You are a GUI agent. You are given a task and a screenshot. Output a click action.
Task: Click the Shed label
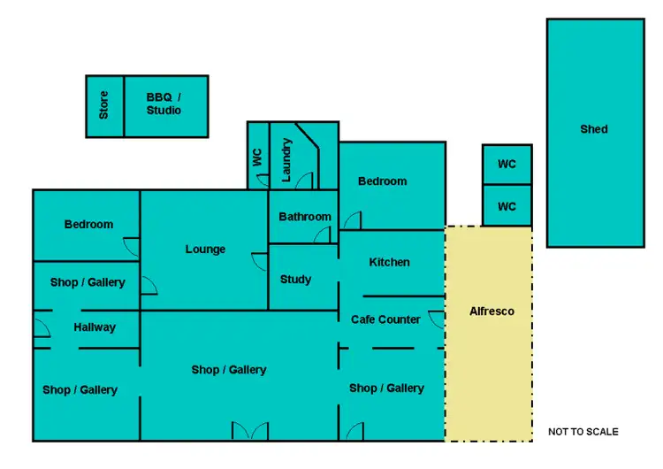tap(594, 129)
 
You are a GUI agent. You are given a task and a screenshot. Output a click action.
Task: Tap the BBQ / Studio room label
tap(164, 104)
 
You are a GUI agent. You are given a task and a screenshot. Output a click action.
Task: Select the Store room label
tap(104, 105)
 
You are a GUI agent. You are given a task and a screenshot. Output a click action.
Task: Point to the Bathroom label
tap(305, 217)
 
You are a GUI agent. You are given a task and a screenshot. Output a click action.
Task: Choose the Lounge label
tap(205, 250)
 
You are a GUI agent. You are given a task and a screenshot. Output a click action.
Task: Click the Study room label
tap(295, 280)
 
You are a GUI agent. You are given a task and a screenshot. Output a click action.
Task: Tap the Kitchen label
tap(389, 262)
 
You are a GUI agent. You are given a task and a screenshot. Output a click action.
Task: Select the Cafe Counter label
tap(386, 319)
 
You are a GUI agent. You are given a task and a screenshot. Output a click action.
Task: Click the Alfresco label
tap(492, 311)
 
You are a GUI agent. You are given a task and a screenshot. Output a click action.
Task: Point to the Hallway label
tap(95, 327)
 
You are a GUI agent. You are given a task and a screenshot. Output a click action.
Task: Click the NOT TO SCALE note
tap(583, 432)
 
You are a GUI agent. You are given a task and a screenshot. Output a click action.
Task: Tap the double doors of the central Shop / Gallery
tap(249, 431)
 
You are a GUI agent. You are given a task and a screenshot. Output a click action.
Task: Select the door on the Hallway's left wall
tap(41, 327)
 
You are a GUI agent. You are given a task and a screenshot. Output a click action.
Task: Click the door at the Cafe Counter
tap(436, 319)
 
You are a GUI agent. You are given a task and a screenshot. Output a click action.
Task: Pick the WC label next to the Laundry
tap(257, 158)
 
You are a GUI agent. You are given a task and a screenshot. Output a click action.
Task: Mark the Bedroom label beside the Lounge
tap(88, 225)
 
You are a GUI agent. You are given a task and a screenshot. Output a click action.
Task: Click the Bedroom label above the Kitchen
tap(383, 181)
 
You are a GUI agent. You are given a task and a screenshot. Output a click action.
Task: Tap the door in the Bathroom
tap(323, 235)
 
